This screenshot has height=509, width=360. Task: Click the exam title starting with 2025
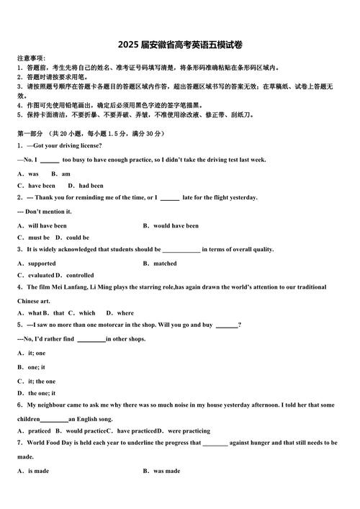coord(180,45)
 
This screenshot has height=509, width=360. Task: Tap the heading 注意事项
coord(31,58)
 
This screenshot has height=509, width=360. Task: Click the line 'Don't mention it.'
coord(44,212)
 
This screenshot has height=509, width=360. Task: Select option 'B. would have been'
coord(171,225)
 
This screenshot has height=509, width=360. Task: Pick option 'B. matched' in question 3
coord(160,263)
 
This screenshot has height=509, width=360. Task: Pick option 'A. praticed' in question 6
coord(34,431)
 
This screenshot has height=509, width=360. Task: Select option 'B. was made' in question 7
coord(162,471)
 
